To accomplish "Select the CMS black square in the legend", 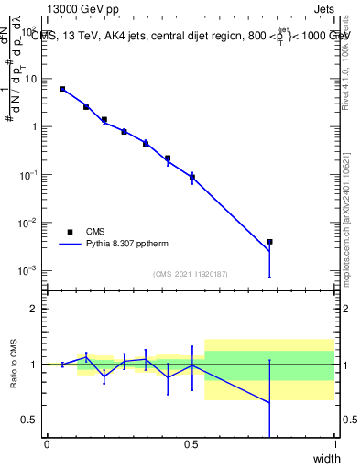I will click(x=70, y=232).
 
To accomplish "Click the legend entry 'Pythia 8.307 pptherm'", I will click(x=127, y=245).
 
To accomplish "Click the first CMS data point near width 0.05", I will click(x=62, y=89).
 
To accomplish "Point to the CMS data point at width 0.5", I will click(x=191, y=177).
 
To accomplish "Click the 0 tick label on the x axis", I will click(x=47, y=445).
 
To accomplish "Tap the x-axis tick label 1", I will click(x=334, y=445).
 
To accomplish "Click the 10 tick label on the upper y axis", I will click(x=32, y=79).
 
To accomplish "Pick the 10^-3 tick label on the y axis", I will click(x=30, y=270).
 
